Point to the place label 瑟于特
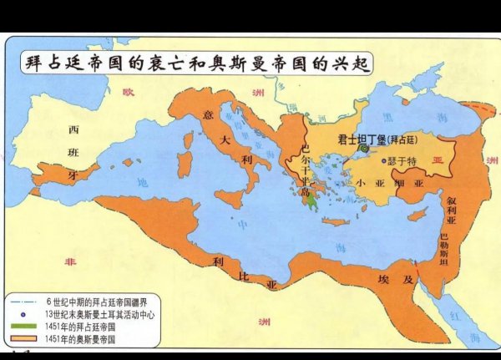(x=402, y=160)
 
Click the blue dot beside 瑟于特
(x=384, y=160)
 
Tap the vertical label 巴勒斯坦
(x=443, y=247)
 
